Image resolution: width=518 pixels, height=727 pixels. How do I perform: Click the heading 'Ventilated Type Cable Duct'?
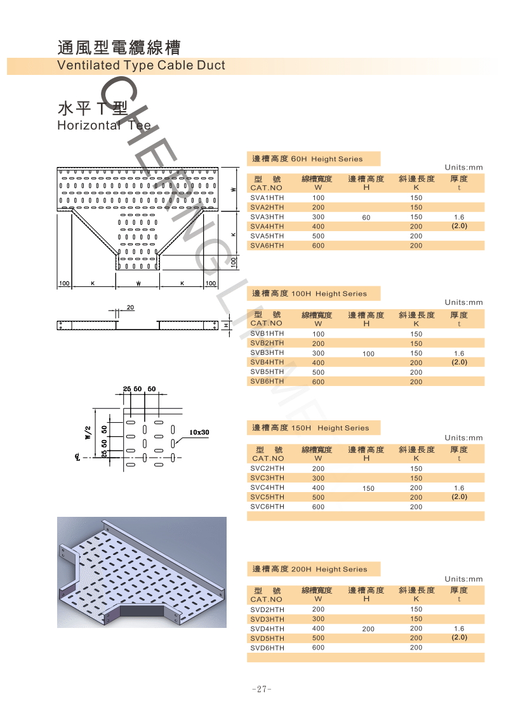click(141, 65)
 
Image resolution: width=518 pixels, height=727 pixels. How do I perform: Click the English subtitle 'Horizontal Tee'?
click(104, 125)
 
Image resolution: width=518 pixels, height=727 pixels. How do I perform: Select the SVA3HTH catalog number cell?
click(267, 217)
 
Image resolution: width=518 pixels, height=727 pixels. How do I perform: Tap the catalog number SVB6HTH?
click(267, 382)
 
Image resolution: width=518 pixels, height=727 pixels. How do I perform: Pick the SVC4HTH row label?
click(267, 488)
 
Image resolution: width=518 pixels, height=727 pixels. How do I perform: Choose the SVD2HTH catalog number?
click(267, 610)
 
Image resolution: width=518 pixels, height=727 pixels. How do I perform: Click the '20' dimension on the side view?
click(130, 307)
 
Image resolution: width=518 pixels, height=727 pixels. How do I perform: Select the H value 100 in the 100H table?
click(368, 354)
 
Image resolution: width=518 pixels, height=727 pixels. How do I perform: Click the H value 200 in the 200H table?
click(368, 629)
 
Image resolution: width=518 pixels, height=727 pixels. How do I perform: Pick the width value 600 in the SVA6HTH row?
click(318, 246)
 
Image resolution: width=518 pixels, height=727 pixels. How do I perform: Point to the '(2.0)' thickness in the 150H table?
click(459, 497)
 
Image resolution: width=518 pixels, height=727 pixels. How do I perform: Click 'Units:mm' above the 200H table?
click(463, 579)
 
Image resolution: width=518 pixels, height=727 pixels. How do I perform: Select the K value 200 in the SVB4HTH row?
click(416, 363)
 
